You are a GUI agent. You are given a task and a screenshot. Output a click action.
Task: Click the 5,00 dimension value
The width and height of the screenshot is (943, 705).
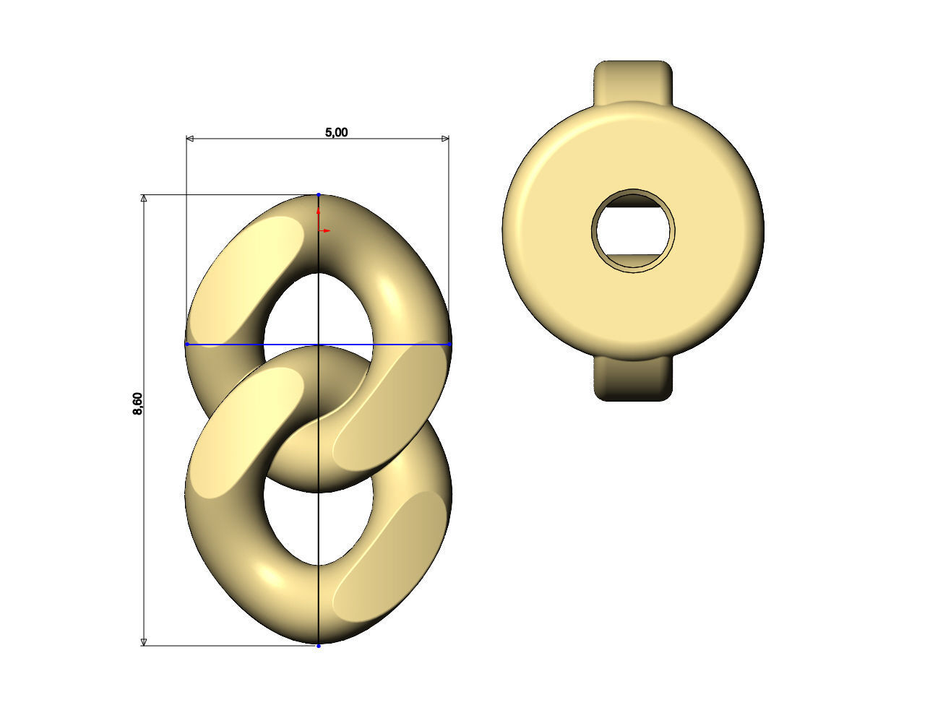point(336,132)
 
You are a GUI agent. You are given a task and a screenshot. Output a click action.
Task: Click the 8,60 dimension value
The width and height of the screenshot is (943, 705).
point(138,403)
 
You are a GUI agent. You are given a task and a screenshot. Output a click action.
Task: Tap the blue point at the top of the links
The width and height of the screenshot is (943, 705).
point(319,195)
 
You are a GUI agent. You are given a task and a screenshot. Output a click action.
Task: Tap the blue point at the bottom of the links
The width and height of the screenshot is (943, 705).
point(319,645)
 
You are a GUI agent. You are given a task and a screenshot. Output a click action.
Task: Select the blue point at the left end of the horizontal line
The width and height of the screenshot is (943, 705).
point(186,345)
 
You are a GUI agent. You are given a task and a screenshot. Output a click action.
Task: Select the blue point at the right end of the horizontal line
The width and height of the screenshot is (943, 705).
point(449,345)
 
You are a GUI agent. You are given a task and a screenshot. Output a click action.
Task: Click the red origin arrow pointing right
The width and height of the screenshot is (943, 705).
point(327,230)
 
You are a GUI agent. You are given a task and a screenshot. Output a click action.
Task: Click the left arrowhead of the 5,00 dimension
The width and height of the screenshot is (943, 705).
point(190,138)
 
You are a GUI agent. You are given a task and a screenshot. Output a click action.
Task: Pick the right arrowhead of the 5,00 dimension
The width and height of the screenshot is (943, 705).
point(445,138)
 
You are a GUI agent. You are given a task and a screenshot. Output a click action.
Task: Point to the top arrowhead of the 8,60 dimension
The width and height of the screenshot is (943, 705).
point(144,199)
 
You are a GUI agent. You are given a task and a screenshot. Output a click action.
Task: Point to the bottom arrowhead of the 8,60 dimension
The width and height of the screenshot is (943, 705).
point(144,641)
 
